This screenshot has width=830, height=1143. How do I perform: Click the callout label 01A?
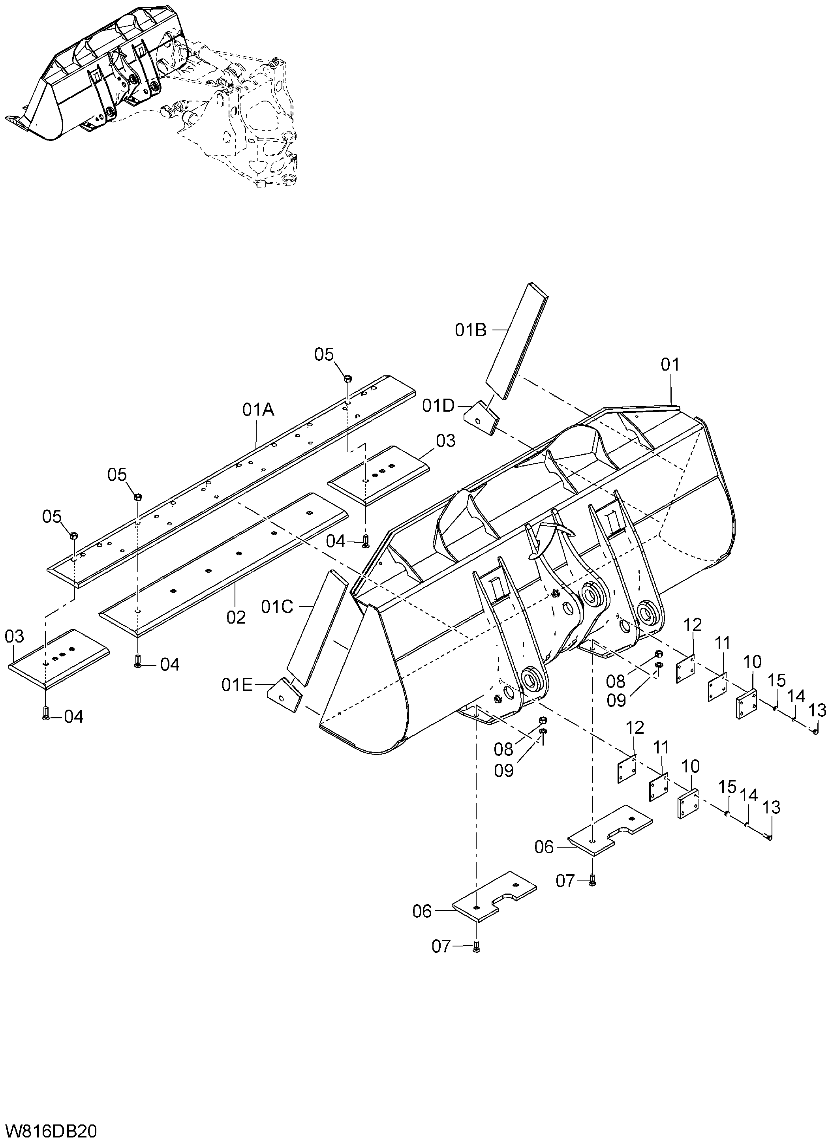click(x=258, y=410)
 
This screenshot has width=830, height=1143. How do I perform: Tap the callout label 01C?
click(x=277, y=607)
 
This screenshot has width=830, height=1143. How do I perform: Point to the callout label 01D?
click(x=439, y=406)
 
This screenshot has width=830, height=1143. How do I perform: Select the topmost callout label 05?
click(x=324, y=354)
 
